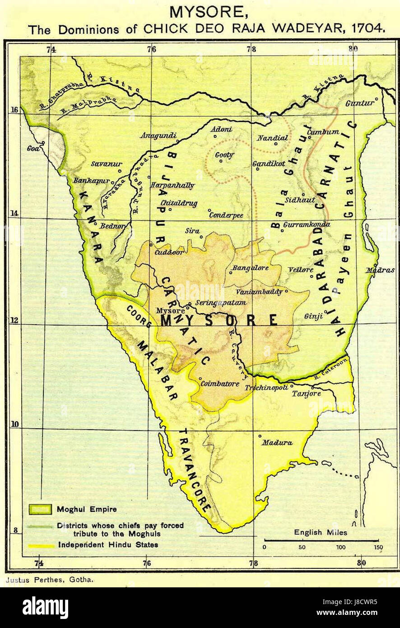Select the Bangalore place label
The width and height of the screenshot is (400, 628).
(251, 268)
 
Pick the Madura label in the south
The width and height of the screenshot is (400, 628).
(277, 443)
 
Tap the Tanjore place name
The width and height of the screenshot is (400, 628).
(306, 394)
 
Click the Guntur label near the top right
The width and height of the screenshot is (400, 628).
(360, 103)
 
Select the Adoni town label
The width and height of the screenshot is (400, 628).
(222, 130)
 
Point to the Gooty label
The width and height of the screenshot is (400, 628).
(224, 155)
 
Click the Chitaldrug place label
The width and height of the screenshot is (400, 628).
(179, 203)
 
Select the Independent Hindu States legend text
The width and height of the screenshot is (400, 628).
(108, 544)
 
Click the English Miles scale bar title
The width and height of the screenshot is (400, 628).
(321, 532)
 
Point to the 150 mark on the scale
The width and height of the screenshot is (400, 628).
(378, 548)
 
